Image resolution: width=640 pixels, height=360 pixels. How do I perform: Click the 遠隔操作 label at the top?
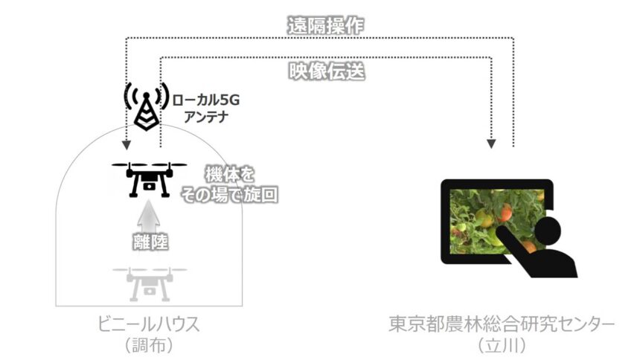[325, 26]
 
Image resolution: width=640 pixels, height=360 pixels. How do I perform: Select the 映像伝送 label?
[327, 71]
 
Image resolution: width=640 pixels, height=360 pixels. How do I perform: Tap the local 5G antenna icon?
[146, 106]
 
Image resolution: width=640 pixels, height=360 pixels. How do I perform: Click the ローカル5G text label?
[205, 100]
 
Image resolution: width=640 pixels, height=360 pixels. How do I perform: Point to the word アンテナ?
[205, 117]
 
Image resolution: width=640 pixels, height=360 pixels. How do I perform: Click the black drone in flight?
[149, 179]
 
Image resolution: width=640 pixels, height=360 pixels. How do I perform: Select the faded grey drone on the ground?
[149, 284]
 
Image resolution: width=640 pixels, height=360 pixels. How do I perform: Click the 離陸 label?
[150, 242]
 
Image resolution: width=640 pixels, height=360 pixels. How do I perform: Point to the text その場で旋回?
[229, 194]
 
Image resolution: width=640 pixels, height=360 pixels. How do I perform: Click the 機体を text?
[229, 175]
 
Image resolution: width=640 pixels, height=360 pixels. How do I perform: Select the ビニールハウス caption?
[149, 324]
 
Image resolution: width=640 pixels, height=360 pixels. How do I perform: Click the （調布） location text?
[149, 345]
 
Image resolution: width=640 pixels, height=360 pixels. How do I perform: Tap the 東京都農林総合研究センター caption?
[502, 324]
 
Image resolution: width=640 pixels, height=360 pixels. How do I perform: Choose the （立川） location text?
[502, 345]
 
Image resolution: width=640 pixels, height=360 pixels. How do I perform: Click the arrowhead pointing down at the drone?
[127, 145]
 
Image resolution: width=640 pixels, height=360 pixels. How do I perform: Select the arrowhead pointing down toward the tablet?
[491, 144]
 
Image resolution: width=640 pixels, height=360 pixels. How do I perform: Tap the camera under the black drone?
[150, 187]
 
